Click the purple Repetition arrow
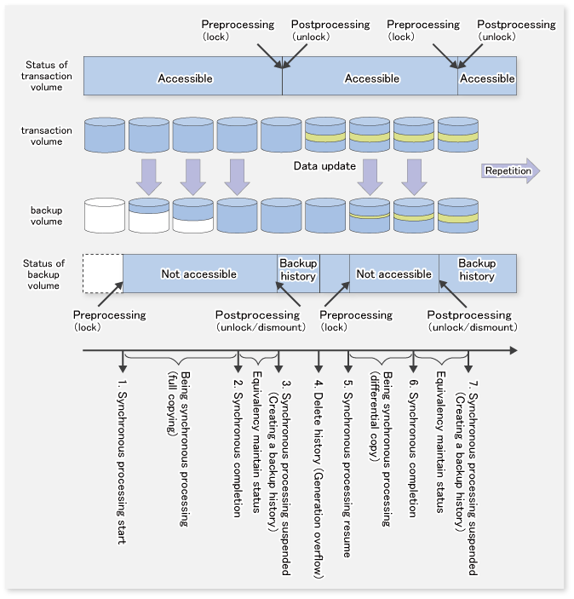pos(510,170)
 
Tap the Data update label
pos(324,166)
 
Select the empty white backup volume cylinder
pos(105,216)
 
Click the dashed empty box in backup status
pos(103,274)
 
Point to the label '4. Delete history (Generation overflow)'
pos(319,480)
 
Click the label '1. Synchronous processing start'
pos(122,462)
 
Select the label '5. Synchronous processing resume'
pos(347,469)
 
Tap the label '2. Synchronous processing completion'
pos(238,448)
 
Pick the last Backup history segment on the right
pos(478,274)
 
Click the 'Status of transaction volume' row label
pos(47,76)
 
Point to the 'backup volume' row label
pos(46,216)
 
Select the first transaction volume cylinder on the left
pos(105,135)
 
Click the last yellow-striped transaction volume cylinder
pos(458,135)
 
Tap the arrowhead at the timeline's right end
pos(514,350)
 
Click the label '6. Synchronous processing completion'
pos(413,448)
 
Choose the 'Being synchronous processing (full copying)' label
pos(179,449)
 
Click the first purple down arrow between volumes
pos(149,177)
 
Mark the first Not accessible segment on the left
pos(200,274)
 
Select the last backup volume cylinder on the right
pos(458,216)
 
